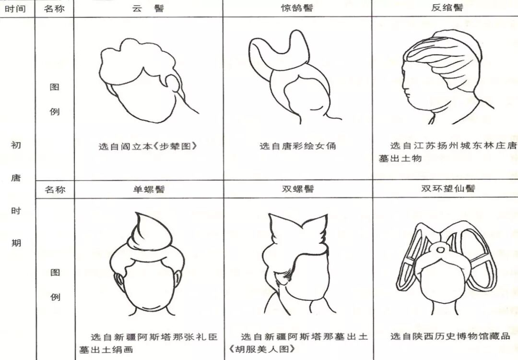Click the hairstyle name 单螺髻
point(148,189)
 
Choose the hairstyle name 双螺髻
point(297,189)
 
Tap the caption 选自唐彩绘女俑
point(297,146)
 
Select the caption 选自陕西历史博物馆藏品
point(450,336)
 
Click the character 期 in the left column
point(16,242)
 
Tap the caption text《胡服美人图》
point(261,349)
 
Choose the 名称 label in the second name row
point(55,190)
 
